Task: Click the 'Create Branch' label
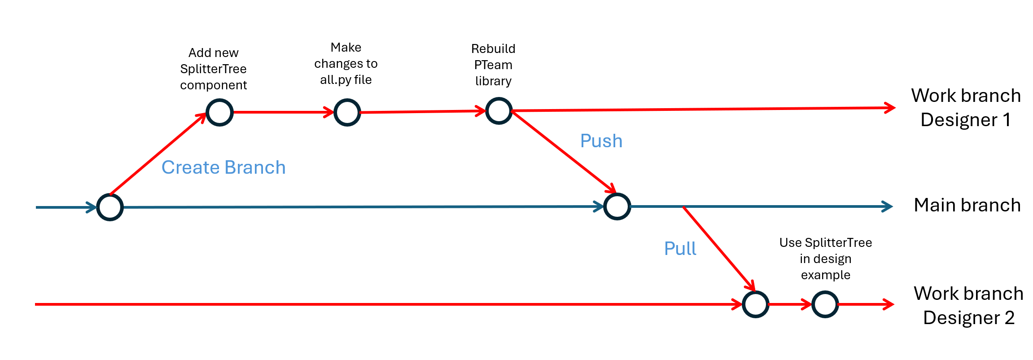click(223, 167)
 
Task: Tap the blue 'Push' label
click(601, 141)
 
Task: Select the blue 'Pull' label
click(680, 249)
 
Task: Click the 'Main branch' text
click(967, 205)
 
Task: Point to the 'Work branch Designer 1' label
click(966, 108)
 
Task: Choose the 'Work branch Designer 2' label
click(968, 306)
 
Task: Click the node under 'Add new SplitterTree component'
click(219, 112)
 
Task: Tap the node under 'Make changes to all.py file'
click(347, 112)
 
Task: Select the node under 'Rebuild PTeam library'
click(499, 111)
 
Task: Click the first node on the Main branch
click(110, 207)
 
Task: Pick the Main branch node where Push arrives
click(617, 206)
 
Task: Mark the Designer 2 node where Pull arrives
click(755, 304)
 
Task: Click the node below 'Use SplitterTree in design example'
click(825, 304)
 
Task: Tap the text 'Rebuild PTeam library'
click(493, 65)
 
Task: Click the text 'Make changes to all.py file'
click(346, 63)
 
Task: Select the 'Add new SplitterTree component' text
click(213, 69)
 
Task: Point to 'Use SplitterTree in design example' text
click(825, 259)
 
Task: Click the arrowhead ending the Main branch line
click(888, 206)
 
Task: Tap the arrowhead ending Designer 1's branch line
click(890, 108)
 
